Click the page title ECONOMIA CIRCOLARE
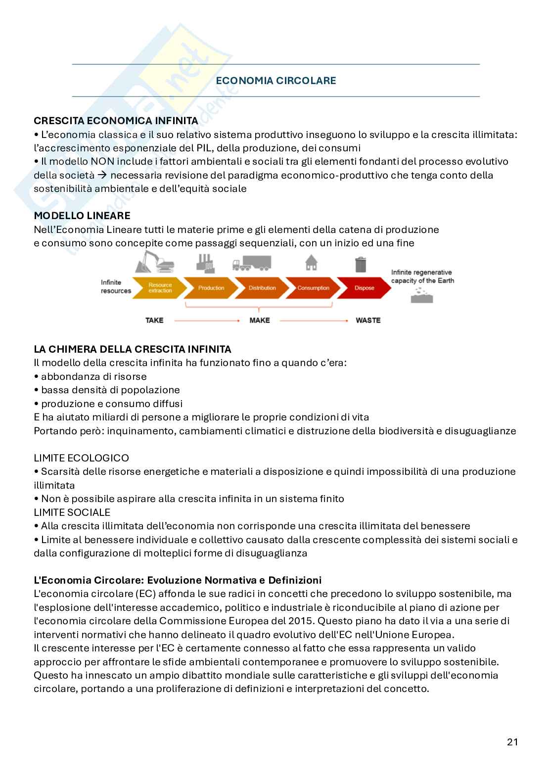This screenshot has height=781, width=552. click(276, 81)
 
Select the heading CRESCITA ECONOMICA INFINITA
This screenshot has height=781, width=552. click(116, 121)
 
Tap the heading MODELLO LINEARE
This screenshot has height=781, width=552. click(82, 216)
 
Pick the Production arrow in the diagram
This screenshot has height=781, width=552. click(211, 288)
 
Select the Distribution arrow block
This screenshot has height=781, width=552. click(262, 288)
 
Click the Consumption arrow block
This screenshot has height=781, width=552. click(313, 288)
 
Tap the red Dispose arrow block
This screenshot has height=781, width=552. click(365, 288)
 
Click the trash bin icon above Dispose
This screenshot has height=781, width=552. click(361, 264)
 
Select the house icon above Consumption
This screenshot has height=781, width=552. click(311, 263)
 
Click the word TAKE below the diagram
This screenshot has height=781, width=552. click(154, 321)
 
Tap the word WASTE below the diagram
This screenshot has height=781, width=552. click(368, 321)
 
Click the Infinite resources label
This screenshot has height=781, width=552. click(116, 287)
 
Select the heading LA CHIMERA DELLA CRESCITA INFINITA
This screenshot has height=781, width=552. click(133, 349)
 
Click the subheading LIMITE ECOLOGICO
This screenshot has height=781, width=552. click(81, 458)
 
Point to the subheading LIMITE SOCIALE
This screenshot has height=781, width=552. click(72, 512)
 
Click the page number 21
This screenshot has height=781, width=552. click(512, 742)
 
